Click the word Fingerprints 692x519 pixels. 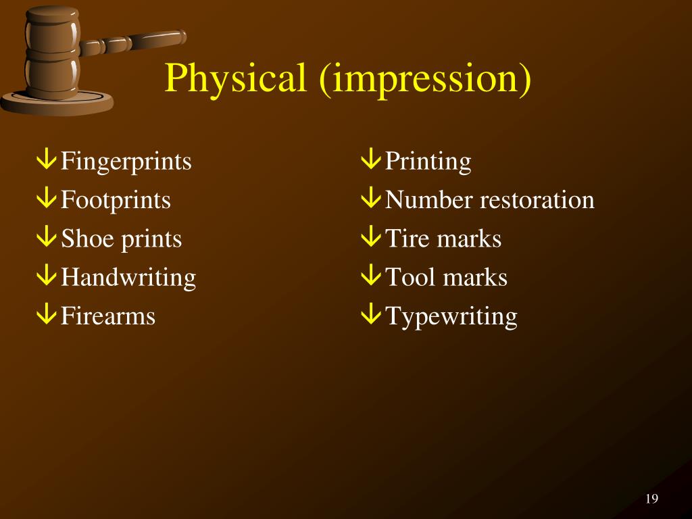coord(126,162)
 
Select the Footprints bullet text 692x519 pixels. coord(116,201)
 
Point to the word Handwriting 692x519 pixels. coord(128,278)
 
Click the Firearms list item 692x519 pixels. coord(108,316)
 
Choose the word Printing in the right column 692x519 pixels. coord(428,162)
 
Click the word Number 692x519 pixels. coord(429,201)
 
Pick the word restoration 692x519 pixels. coord(537,201)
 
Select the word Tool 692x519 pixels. coord(410,278)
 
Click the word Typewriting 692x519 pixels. coord(451,316)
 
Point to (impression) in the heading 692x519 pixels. coord(425,79)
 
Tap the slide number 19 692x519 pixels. coord(651,499)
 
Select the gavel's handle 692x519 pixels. coord(135,42)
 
